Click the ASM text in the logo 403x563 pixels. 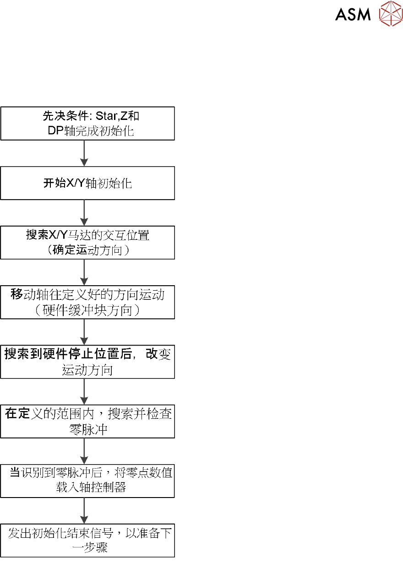pyautogui.click(x=353, y=14)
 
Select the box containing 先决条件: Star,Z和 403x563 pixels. pyautogui.click(x=87, y=123)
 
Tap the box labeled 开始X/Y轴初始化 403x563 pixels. pyautogui.click(x=87, y=183)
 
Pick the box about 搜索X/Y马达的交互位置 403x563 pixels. pyautogui.click(x=87, y=243)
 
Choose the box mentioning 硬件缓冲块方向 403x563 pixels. pyautogui.click(x=87, y=302)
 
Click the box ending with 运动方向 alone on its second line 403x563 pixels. pyautogui.click(x=87, y=362)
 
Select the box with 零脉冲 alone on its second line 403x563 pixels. pyautogui.click(x=87, y=421)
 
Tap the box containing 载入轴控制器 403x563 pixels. pyautogui.click(x=87, y=481)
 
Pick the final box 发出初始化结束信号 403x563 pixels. pyautogui.click(x=87, y=540)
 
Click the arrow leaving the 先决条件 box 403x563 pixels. pyautogui.click(x=84, y=153)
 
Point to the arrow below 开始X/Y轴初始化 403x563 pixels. pyautogui.click(x=84, y=212)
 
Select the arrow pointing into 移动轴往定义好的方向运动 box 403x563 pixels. pyautogui.click(x=84, y=272)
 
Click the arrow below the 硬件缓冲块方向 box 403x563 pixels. pyautogui.click(x=84, y=331)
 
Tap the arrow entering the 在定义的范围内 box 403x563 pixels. pyautogui.click(x=84, y=391)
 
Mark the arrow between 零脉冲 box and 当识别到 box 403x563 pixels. pyautogui.click(x=84, y=450)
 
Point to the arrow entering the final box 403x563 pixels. pyautogui.click(x=84, y=510)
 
